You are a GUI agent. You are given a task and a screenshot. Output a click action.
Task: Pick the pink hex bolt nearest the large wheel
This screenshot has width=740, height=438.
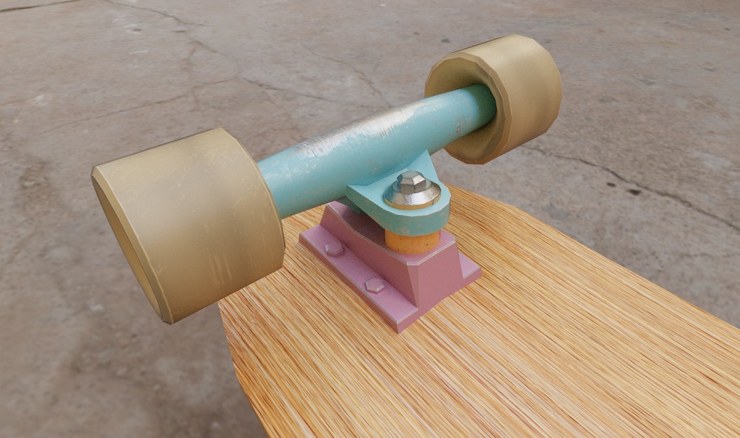tap(334, 249)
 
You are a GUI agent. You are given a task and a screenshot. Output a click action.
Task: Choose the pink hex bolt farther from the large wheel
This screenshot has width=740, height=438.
tap(375, 284)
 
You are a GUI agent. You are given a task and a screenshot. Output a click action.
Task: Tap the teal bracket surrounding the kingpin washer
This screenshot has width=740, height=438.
tap(434, 213)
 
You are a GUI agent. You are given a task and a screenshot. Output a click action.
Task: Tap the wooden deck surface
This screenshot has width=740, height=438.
tap(506, 340)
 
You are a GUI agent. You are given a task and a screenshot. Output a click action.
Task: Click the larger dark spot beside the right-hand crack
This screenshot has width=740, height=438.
tap(634, 192)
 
